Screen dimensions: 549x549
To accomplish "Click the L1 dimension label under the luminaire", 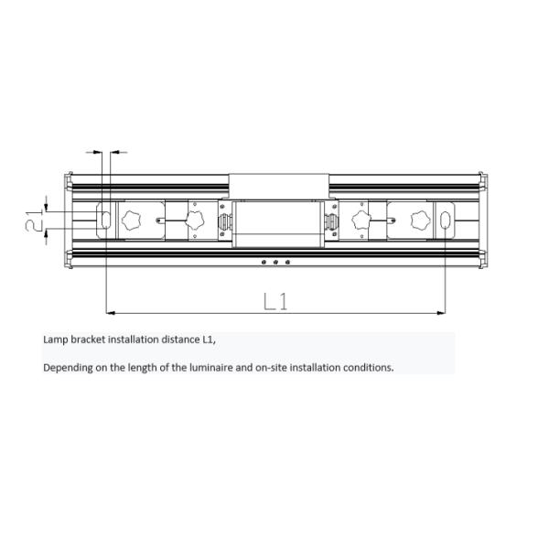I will point(275,300).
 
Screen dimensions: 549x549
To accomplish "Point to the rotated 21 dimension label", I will point(33,220).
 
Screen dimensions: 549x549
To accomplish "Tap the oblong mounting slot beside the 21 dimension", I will point(105,220).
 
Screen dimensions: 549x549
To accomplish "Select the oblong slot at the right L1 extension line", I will point(445,221).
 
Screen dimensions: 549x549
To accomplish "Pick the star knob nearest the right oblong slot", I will point(420,221).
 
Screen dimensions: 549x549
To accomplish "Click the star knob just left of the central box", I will point(194,220).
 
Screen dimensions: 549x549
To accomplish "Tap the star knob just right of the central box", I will point(359,220).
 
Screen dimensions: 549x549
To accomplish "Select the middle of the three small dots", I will point(276,262).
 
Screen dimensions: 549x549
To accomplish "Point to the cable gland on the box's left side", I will point(222,221).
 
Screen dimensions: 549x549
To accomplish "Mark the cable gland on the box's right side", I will point(330,221).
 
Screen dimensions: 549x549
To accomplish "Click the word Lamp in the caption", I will point(55,339).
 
